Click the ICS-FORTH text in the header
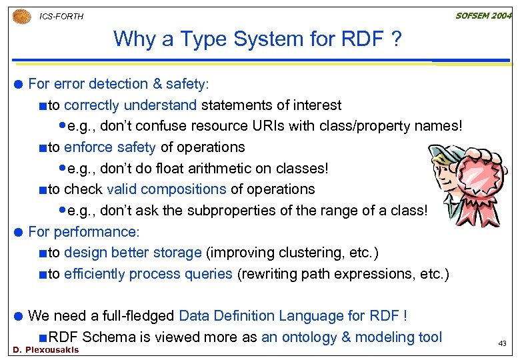coord(61,16)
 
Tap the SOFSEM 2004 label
coord(483,15)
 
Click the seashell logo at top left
coord(21,15)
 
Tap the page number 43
coord(503,343)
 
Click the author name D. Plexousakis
coord(45,350)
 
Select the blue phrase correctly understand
coord(130,105)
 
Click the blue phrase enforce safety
coord(109,147)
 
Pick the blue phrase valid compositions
coord(166,189)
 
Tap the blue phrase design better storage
coord(133,253)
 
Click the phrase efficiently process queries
coord(148,274)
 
